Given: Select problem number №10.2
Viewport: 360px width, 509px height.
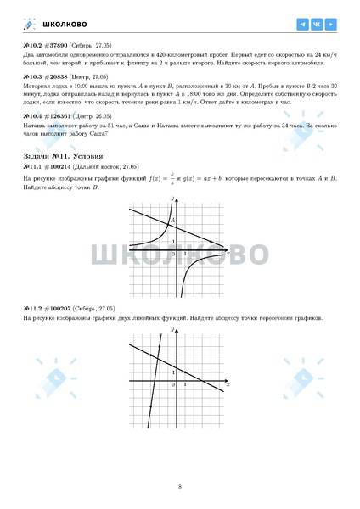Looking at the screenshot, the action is [x=33, y=45].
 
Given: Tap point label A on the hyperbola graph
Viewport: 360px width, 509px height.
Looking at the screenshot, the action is [x=175, y=221].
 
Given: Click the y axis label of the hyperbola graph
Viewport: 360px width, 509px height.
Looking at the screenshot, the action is [x=172, y=199].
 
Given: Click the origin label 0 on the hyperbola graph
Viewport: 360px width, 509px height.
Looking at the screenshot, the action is [x=173, y=254].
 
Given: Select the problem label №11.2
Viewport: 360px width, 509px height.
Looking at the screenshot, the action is [x=33, y=308].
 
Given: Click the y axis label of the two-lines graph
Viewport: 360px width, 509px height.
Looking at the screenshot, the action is [x=172, y=334].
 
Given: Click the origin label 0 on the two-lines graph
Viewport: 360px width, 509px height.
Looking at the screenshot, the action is [x=173, y=385].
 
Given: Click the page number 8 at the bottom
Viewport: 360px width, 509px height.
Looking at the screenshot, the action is [x=180, y=486].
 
